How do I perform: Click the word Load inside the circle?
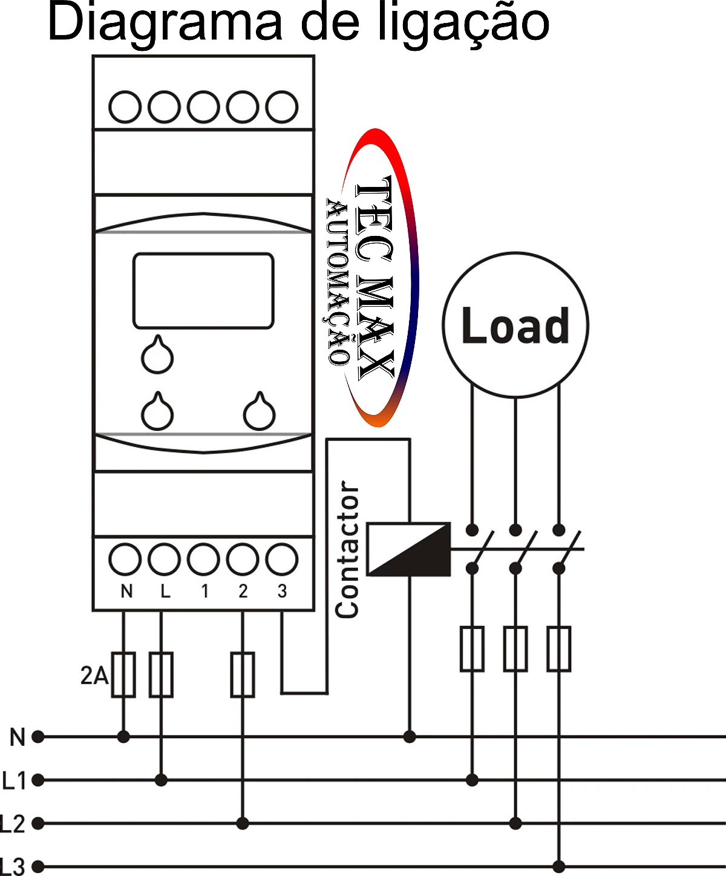point(515,325)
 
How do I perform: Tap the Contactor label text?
point(347,549)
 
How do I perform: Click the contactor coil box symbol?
point(409,549)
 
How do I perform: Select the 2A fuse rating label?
point(94,675)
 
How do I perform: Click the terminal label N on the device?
point(126,591)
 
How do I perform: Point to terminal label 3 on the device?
point(282,591)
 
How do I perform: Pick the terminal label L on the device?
point(165,591)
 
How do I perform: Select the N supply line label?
point(18,737)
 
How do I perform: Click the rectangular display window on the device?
point(203,291)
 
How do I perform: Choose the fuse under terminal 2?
point(243,675)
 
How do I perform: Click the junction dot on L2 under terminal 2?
point(243,823)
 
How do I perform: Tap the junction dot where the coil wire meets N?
point(410,737)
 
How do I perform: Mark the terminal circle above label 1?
point(203,559)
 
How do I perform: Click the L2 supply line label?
point(13,823)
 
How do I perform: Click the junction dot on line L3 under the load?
point(559,866)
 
